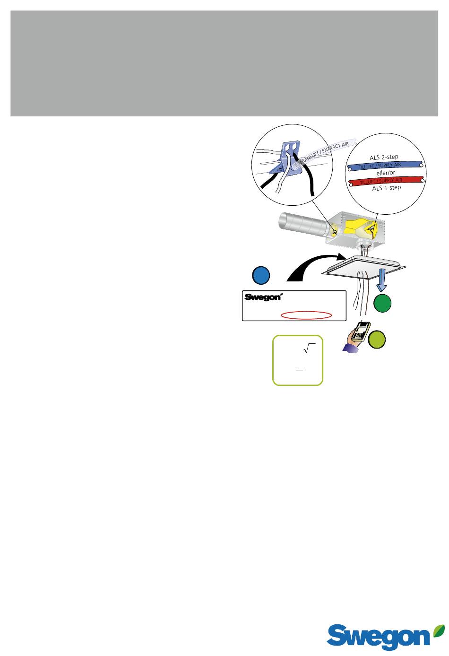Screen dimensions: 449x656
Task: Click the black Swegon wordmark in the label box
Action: pos(263,297)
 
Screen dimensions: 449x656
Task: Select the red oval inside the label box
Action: pos(306,315)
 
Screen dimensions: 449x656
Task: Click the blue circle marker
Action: pos(261,275)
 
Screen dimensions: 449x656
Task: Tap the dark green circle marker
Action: pos(382,303)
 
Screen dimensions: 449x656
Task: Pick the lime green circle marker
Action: pos(376,340)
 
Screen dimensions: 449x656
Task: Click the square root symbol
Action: pos(309,348)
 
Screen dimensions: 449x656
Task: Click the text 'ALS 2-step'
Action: pos(384,157)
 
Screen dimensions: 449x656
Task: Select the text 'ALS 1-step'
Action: pos(386,188)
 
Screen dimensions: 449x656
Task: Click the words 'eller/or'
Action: pos(386,173)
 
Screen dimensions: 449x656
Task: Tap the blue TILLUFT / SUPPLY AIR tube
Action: pos(385,166)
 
